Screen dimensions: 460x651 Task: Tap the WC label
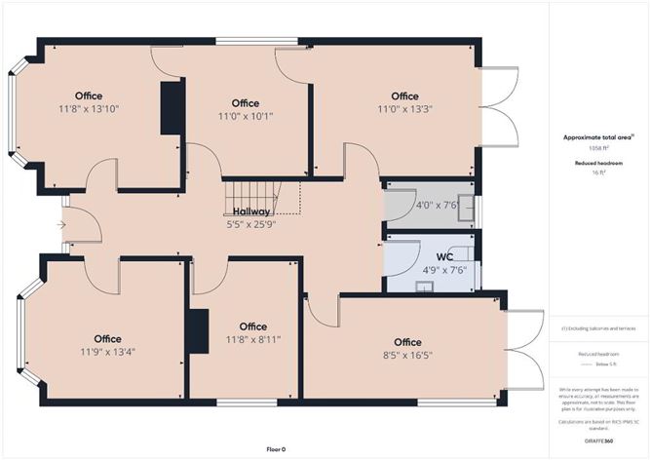pyautogui.click(x=444, y=257)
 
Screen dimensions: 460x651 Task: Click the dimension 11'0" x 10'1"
pyautogui.click(x=246, y=117)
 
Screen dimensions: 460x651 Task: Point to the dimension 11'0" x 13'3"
pyautogui.click(x=404, y=110)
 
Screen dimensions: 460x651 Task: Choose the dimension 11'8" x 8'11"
pyautogui.click(x=252, y=340)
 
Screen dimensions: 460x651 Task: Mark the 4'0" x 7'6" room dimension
pyautogui.click(x=422, y=207)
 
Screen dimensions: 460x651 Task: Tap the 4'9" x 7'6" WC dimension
pyautogui.click(x=444, y=271)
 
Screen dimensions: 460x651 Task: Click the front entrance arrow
pyautogui.click(x=62, y=225)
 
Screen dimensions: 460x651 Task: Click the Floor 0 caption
pyautogui.click(x=276, y=449)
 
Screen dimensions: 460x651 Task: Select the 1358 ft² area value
pyautogui.click(x=597, y=148)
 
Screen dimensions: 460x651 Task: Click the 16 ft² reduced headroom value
pyautogui.click(x=597, y=172)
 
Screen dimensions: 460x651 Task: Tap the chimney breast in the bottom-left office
pyautogui.click(x=200, y=331)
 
